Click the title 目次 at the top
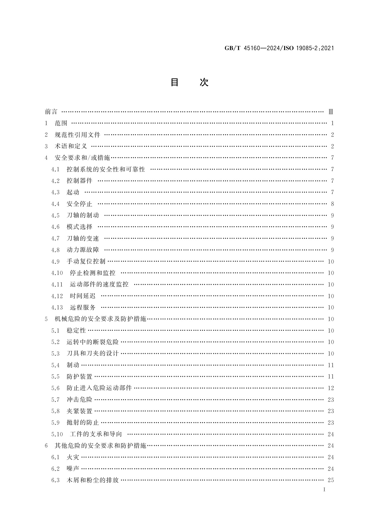pos(189,82)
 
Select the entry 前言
pos(51,112)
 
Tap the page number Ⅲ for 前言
pos(330,112)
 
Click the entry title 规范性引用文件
pos(77,135)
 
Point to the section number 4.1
pos(55,170)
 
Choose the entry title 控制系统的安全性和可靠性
pos(106,170)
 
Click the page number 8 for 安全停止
pos(332,204)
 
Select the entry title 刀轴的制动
pos(83,215)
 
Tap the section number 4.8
pos(55,250)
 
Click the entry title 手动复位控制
pos(86,262)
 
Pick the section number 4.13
pos(57,308)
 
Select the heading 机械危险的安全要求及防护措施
pos(100,319)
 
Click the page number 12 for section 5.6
pos(331,388)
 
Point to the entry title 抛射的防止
pos(83,423)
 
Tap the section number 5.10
pos(57,435)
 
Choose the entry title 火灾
pos(73,457)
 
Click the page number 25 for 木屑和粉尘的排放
pos(331,480)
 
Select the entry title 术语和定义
pos(71,146)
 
